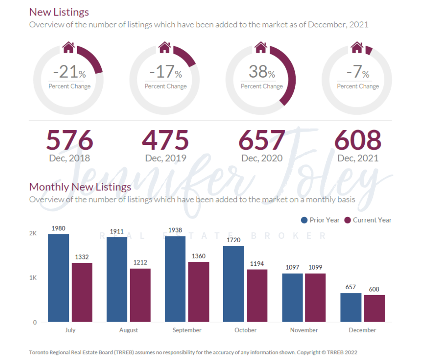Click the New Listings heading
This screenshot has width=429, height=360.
(59, 12)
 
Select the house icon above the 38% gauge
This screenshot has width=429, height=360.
(261, 47)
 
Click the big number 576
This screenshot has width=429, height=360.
(69, 140)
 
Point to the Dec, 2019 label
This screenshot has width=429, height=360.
(166, 159)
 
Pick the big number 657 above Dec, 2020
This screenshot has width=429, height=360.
(262, 140)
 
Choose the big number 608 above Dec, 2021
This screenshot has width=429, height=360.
(358, 140)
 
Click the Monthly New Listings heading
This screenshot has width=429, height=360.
(80, 187)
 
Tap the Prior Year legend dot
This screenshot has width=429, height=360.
(304, 220)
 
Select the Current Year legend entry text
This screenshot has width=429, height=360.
(372, 220)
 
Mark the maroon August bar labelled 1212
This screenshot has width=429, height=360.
(140, 295)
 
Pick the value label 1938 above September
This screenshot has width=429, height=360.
(176, 230)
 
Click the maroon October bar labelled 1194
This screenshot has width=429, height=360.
(257, 296)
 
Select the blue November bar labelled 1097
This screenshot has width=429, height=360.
(292, 297)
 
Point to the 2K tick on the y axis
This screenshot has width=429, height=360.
(33, 233)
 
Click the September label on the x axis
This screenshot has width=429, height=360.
(187, 330)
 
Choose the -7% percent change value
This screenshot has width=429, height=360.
(357, 72)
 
